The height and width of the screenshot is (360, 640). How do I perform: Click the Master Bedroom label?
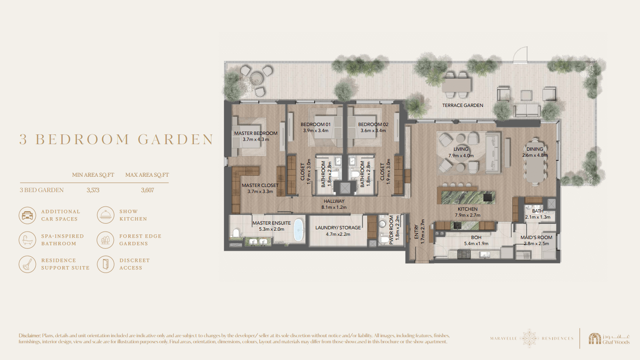pos(256,133)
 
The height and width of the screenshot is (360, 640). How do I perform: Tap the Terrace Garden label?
pos(462,106)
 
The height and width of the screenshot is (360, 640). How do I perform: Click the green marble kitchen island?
pos(468,198)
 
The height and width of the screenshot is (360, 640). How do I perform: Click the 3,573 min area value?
pos(93,190)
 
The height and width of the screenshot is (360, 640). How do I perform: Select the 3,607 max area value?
pos(147,190)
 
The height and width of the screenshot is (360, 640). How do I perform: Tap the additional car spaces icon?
pos(27,215)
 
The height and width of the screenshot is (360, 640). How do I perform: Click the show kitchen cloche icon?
pos(106,215)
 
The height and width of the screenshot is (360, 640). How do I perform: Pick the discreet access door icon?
pos(106,264)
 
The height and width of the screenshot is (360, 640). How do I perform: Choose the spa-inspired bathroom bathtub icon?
pos(27,240)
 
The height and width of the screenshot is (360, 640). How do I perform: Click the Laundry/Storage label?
pos(338,228)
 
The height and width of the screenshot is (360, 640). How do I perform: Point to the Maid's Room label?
pos(536,238)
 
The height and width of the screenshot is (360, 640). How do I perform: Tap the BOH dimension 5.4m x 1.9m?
pos(476,244)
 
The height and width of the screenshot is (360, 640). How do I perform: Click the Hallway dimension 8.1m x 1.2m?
pos(334,207)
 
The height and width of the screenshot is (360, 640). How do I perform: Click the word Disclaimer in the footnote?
pos(30,336)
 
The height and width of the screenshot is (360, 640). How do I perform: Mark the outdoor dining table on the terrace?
pos(456,85)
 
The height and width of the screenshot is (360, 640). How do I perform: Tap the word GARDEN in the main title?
pos(176,140)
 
